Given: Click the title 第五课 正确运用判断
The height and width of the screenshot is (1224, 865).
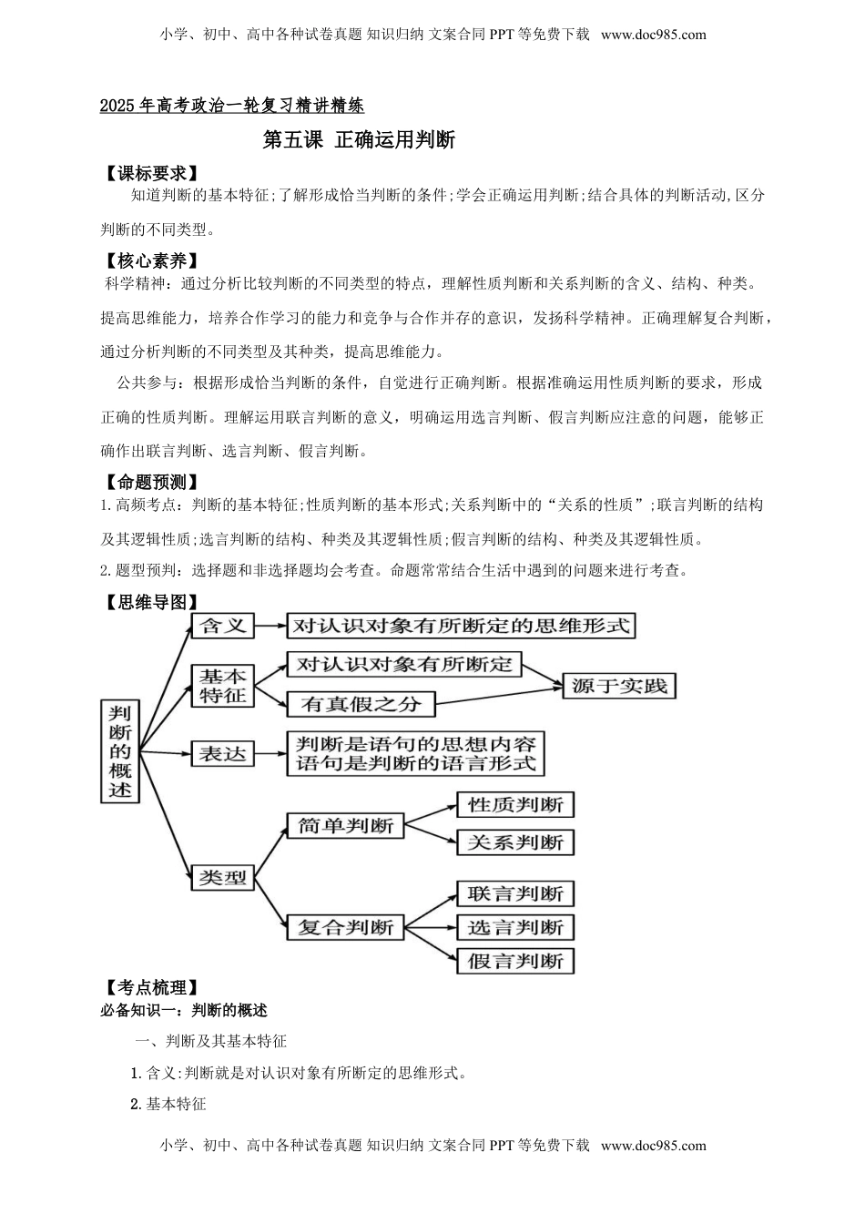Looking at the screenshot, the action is (358, 140).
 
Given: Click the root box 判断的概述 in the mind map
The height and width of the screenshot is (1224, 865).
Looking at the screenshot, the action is (120, 751).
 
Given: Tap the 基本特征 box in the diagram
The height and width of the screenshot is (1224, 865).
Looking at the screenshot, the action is (223, 686).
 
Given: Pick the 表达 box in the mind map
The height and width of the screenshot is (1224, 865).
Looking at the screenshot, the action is (223, 754).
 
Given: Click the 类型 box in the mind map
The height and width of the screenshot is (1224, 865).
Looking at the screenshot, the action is (223, 878).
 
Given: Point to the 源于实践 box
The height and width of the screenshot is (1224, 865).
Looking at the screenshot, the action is (620, 686).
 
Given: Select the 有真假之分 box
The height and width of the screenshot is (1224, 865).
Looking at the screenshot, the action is (361, 704).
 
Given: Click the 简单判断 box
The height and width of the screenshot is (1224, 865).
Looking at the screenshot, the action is (345, 826).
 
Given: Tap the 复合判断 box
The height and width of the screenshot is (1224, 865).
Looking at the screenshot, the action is (345, 927).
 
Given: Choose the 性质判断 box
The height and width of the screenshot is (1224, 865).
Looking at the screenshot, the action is (515, 805).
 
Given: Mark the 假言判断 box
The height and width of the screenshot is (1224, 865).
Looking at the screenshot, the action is (515, 961).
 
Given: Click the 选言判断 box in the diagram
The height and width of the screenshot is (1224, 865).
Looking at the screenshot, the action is (515, 927).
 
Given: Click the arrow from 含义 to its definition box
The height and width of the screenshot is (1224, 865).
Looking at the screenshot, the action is (269, 626).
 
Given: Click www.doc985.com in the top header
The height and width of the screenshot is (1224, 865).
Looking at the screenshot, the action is (654, 36).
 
